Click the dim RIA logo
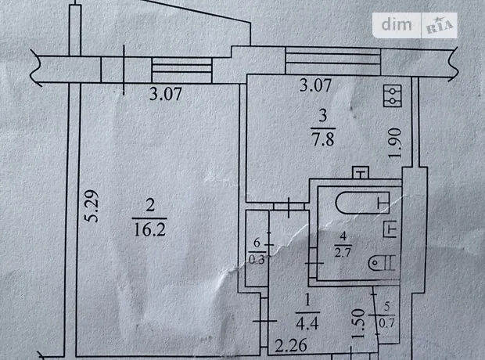point(419,25)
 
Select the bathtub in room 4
point(362,203)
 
